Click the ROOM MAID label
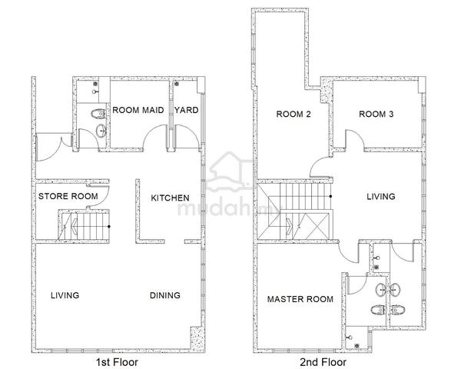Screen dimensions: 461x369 point(138,110)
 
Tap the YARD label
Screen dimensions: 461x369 point(187,110)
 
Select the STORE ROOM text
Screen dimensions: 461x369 point(68,196)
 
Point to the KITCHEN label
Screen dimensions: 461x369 point(170,198)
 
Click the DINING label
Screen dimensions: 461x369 point(165,295)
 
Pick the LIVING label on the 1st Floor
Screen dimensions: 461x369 point(65,295)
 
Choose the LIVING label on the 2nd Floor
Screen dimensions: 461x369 point(381,196)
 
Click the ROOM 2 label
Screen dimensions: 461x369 point(294,114)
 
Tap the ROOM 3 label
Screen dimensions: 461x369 point(376,114)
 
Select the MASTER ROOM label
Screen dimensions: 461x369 point(300,299)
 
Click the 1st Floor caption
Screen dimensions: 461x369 point(117,362)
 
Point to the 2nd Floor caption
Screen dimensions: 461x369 point(323,362)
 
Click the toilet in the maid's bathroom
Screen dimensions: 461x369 point(98,114)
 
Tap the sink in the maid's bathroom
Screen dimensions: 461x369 point(101,131)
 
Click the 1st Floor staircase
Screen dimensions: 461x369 point(84,226)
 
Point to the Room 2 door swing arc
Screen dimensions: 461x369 point(316,162)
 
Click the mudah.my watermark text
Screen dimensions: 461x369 point(229,208)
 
